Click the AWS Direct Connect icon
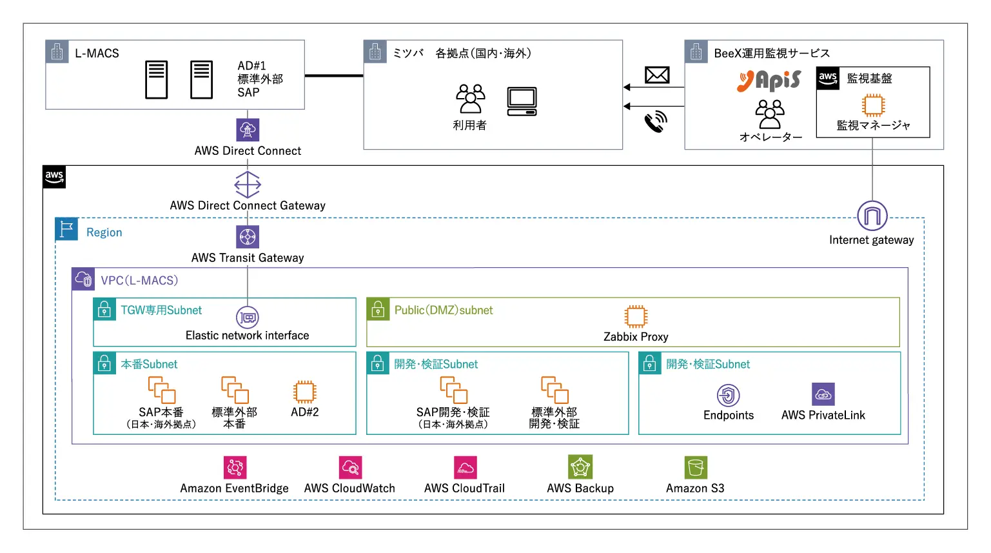[x=248, y=130]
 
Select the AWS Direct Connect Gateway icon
[x=248, y=185]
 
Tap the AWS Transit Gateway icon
[x=248, y=237]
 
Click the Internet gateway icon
[x=872, y=216]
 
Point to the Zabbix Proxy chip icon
[x=636, y=317]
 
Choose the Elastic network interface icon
[x=248, y=317]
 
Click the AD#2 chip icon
[x=304, y=392]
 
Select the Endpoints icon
[x=728, y=395]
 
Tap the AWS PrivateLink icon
[x=823, y=394]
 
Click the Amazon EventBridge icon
[x=235, y=467]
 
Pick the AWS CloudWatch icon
[x=350, y=467]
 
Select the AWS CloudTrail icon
[x=464, y=467]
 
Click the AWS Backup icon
[x=580, y=467]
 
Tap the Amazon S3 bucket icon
[x=696, y=467]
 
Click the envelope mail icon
[x=657, y=75]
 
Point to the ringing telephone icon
[x=656, y=121]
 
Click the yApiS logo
[x=769, y=81]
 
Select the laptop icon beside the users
[x=522, y=101]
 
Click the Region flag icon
[x=66, y=229]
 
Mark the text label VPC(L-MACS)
[x=139, y=281]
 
